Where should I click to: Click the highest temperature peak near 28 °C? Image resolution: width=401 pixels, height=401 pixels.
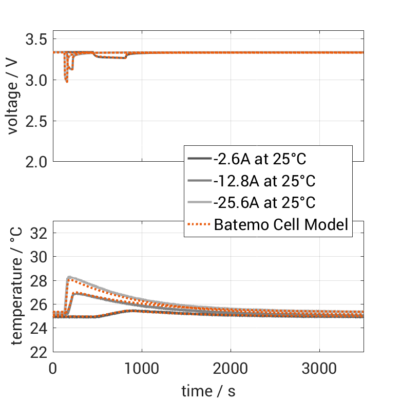[69, 277]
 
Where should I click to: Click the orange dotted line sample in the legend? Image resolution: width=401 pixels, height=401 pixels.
[199, 224]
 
